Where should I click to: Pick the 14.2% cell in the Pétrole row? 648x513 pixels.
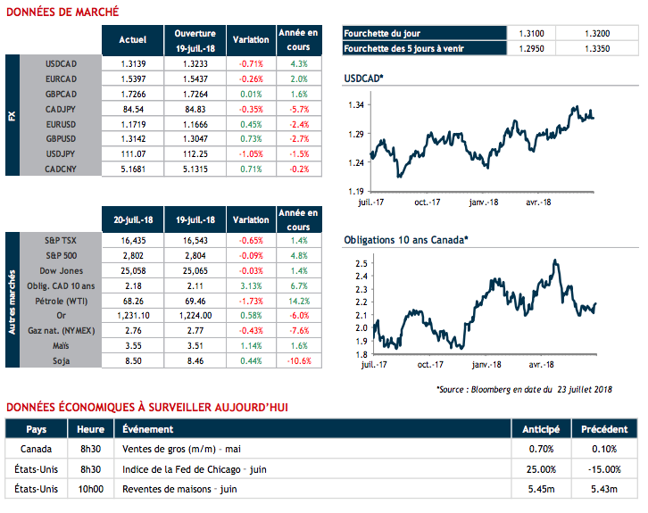(x=299, y=302)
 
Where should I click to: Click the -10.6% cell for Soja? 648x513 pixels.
(x=299, y=360)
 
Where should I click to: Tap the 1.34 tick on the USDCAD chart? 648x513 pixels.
(x=357, y=105)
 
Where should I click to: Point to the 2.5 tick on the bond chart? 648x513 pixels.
(x=359, y=264)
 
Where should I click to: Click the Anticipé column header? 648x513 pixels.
(x=541, y=429)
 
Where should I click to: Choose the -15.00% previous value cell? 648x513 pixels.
(x=604, y=469)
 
